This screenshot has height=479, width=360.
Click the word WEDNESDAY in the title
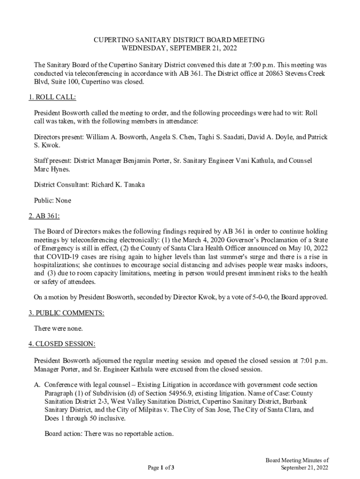[x=144, y=48]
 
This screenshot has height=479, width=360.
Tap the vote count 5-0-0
[x=259, y=297]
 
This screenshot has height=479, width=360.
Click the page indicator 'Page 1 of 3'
[x=161, y=467]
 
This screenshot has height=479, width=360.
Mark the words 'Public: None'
[x=53, y=200]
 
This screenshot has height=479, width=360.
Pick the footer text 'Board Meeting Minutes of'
[x=298, y=460]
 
